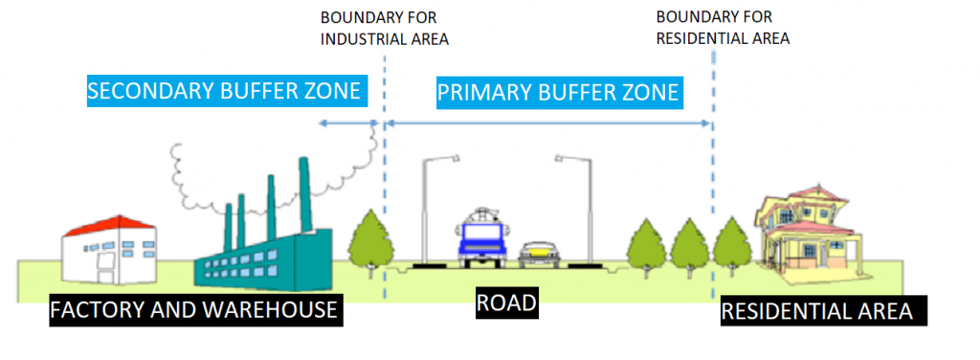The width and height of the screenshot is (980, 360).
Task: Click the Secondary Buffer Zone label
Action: click(224, 91)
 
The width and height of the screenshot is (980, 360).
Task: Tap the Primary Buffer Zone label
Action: click(558, 92)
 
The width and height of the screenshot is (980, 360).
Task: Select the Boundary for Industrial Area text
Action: click(385, 28)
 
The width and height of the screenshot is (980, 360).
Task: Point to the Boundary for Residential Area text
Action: click(723, 27)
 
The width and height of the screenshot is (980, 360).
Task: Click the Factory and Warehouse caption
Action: click(193, 308)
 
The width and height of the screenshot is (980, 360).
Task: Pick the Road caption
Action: click(507, 304)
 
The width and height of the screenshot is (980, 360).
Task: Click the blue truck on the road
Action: click(480, 238)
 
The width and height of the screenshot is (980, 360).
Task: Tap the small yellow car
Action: click(540, 254)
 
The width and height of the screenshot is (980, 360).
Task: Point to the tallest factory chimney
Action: click(305, 193)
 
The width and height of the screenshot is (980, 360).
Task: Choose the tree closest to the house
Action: click(732, 246)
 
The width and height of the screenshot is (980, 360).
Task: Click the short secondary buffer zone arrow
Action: click(348, 124)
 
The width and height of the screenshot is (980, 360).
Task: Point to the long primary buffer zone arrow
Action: click(548, 124)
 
